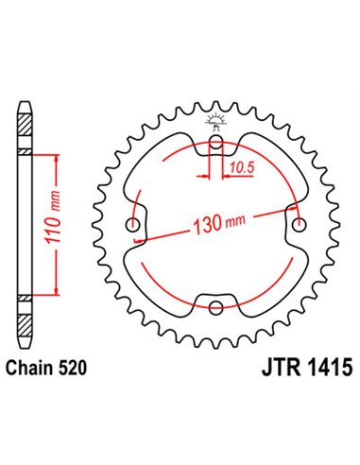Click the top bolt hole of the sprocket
217,145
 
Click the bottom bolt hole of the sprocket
217,307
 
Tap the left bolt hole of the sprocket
135,226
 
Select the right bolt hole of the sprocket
300,226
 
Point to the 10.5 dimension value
240,168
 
